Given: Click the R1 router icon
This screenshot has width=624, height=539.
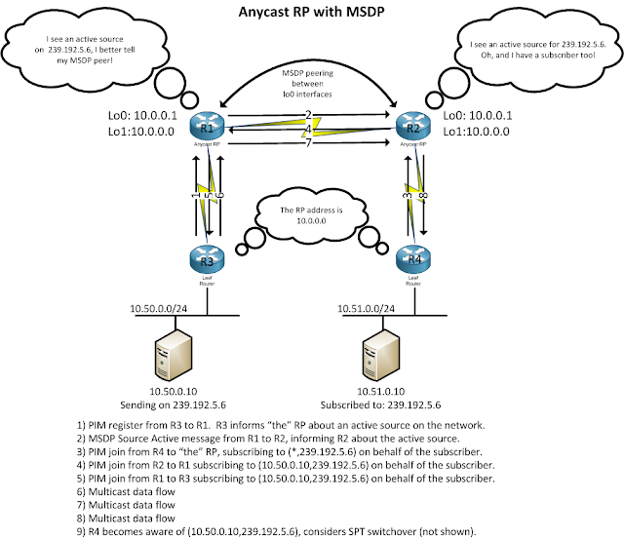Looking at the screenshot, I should point(208,128).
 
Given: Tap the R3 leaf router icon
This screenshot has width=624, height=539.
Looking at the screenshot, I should point(208,259).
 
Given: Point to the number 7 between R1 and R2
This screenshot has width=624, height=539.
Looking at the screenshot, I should point(308,144).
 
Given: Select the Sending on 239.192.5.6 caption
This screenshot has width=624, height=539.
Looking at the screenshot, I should point(190,403).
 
